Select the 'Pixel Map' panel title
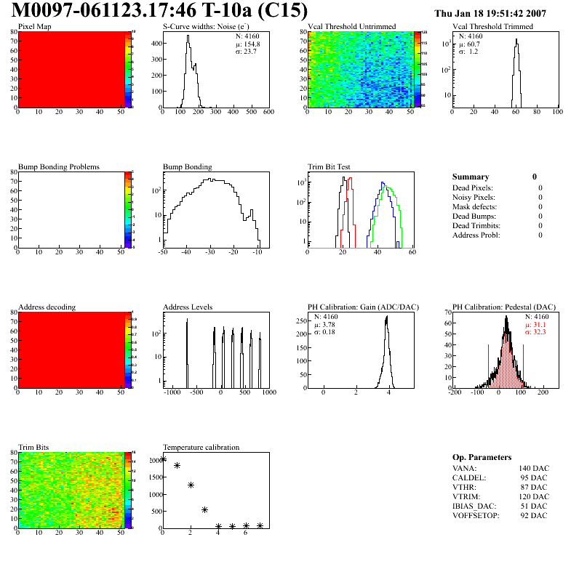point(35,27)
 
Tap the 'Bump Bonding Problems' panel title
point(58,167)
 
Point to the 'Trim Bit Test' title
point(329,167)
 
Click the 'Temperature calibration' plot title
point(201,448)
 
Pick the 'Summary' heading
point(471,177)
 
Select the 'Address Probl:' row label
point(476,235)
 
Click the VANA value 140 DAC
point(532,468)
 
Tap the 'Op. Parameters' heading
point(482,457)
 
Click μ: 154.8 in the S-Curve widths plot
point(247,44)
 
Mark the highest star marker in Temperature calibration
point(163,459)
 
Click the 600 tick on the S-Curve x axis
point(268,112)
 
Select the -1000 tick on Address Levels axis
point(172,392)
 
